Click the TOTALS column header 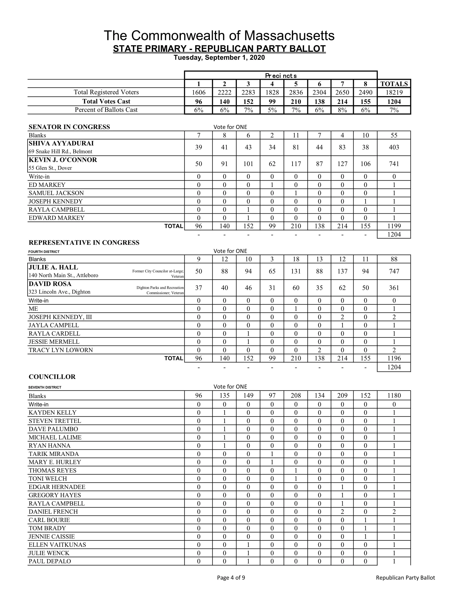(x=394, y=84)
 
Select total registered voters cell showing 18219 (x=394, y=92)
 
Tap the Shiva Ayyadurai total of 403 (x=394, y=147)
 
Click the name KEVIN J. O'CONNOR (x=63, y=160)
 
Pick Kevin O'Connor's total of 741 (x=394, y=164)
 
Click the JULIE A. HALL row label (x=53, y=267)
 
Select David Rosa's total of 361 (x=394, y=288)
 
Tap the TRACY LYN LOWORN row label (x=61, y=350)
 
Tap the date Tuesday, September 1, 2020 (x=219, y=58)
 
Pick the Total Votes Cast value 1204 (x=394, y=101)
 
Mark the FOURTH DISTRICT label (x=44, y=252)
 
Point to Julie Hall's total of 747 (x=394, y=271)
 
